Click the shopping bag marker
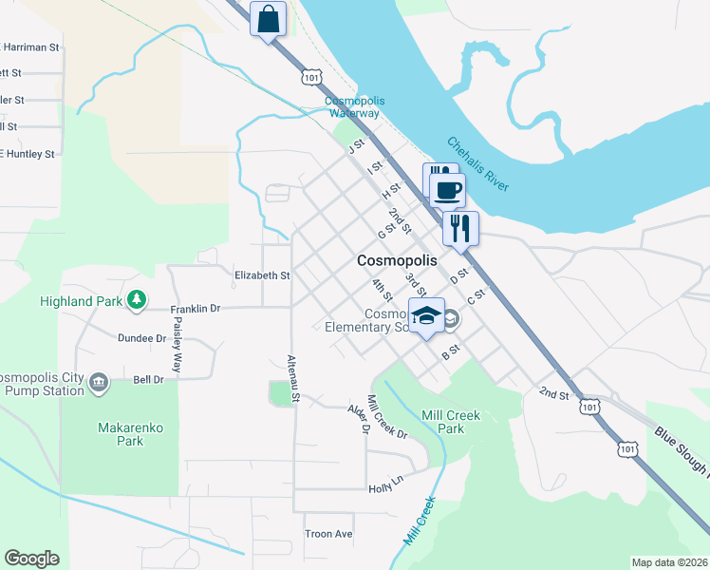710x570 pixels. point(269,19)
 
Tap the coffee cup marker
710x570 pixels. point(447,189)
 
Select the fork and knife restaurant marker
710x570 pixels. point(460,228)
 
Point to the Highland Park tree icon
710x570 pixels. point(138,300)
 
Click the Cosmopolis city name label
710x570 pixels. point(398,260)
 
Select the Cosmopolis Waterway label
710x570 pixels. point(352,107)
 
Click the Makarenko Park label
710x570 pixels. point(131,434)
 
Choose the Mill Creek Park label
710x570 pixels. point(452,422)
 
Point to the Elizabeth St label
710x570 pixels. point(262,275)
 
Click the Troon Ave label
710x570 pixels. point(328,534)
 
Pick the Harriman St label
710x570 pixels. point(31,46)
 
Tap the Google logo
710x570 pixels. point(31,559)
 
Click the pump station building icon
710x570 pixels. point(98,382)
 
